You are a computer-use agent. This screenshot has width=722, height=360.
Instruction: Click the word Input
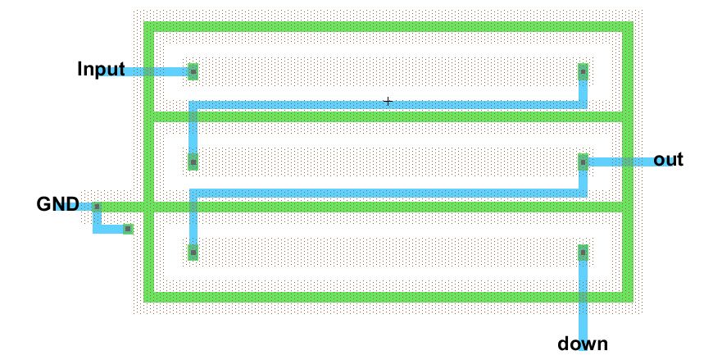coord(101,69)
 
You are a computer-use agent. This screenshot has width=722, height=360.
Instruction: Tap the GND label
coord(57,204)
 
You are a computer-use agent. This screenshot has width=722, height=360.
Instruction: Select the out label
coord(668,160)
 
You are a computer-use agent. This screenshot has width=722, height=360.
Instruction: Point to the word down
coord(583,344)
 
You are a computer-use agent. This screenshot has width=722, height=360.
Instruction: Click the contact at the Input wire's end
coord(193,72)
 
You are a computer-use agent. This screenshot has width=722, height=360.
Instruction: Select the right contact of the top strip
coord(584,72)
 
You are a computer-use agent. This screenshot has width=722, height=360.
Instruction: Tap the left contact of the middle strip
coord(193,162)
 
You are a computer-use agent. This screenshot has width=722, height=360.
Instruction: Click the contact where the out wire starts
coord(584,162)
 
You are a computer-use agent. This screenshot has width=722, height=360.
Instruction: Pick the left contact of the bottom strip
coord(193,253)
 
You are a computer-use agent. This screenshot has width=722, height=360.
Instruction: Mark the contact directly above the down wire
coord(584,253)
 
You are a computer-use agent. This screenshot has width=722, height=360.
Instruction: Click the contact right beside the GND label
coord(96,207)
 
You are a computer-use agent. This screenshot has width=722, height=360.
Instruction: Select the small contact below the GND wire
coord(128,229)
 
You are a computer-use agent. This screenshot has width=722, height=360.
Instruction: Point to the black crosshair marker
coord(388,102)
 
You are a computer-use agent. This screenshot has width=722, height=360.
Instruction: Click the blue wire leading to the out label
coord(623,162)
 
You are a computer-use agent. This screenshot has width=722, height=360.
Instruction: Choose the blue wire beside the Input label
coord(156,72)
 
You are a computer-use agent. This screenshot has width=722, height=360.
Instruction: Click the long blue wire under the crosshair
coord(388,105)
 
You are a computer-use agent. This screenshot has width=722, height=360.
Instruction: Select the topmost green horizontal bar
coord(388,27)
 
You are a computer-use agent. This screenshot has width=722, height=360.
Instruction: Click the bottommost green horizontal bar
coord(388,296)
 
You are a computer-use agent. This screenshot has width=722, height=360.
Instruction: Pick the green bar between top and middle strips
coord(388,117)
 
